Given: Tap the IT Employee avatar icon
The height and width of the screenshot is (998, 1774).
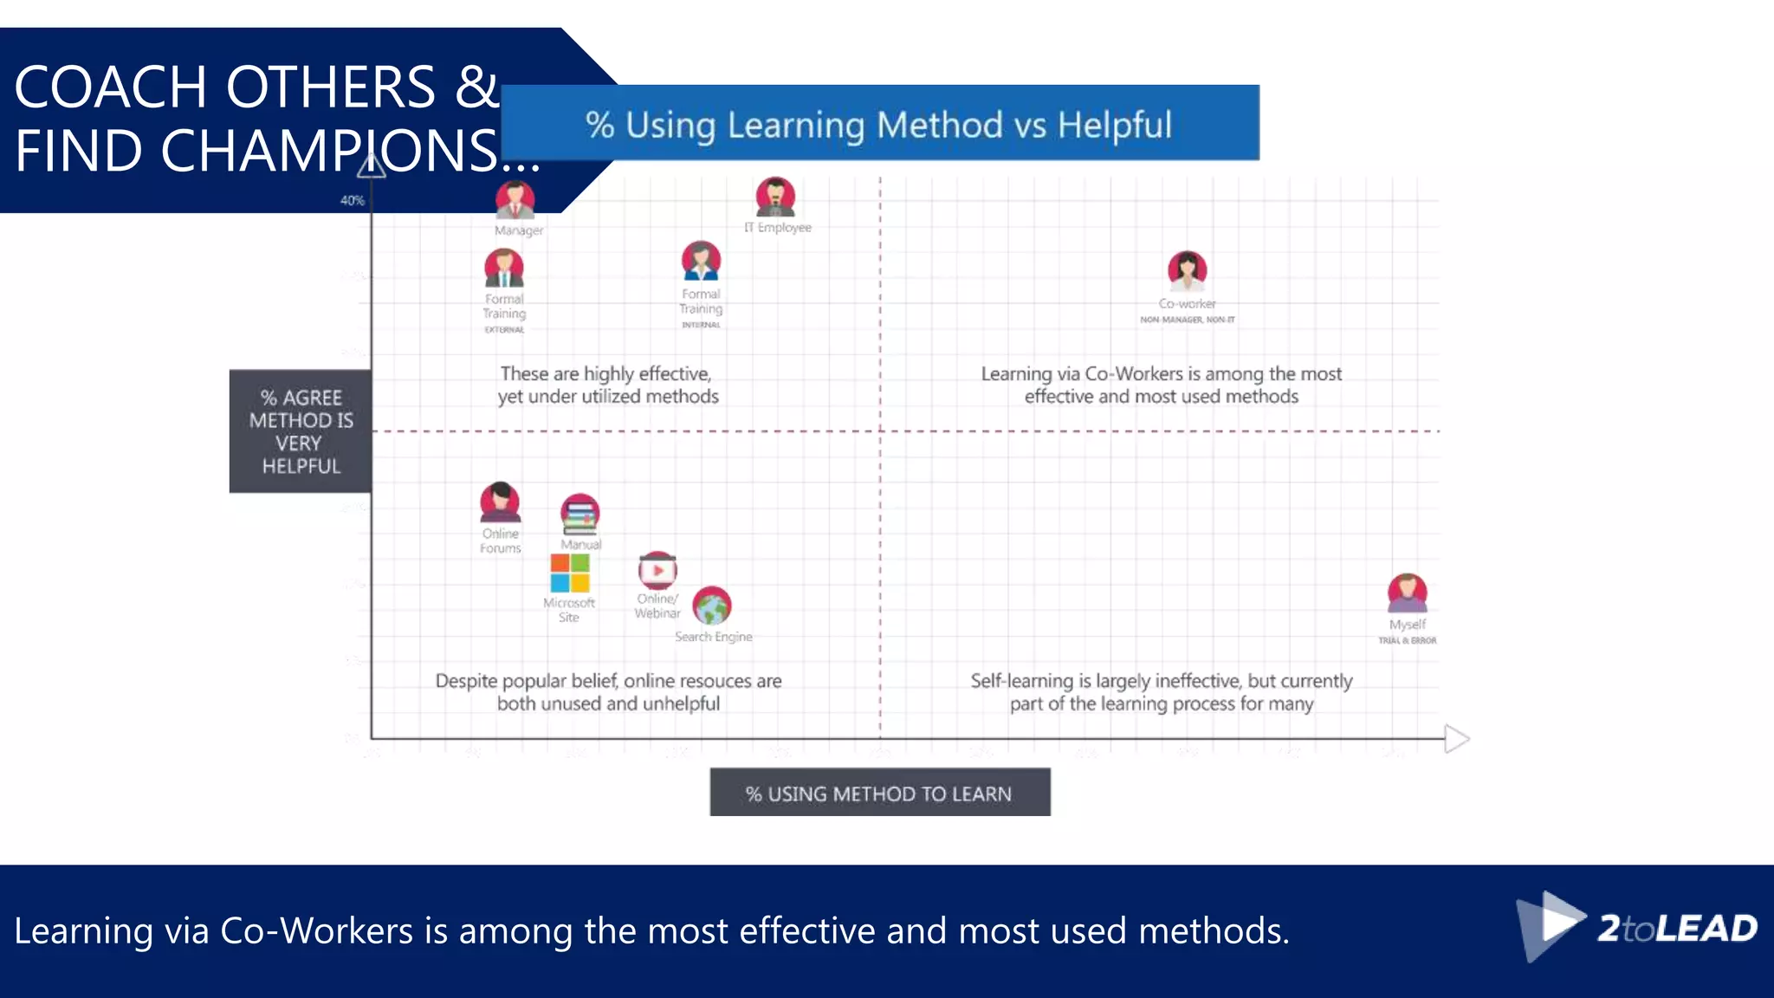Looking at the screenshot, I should [775, 198].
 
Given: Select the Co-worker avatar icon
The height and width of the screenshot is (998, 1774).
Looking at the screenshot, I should [1187, 271].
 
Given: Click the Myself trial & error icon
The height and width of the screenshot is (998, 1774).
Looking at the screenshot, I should [1407, 593].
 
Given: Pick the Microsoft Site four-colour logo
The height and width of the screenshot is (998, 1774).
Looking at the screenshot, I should [570, 573].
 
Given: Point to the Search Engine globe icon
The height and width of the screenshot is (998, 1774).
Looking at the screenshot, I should [712, 606].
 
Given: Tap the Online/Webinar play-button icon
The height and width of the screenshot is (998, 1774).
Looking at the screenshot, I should [657, 570].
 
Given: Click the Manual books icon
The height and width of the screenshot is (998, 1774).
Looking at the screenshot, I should [579, 514].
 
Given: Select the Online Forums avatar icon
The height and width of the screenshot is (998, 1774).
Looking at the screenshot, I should [501, 502].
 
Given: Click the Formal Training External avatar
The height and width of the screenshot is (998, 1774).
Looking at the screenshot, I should [504, 269].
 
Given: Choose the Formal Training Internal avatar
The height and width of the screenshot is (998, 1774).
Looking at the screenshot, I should [701, 261].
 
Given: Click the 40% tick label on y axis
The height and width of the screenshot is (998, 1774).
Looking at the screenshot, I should [352, 200].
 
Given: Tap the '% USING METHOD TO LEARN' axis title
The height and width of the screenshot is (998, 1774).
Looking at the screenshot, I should [879, 794].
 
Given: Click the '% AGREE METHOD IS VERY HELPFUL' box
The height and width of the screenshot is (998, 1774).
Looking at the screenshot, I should [301, 431].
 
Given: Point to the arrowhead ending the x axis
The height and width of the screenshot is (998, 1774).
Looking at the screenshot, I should [1457, 739].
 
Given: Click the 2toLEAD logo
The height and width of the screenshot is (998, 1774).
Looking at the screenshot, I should [1636, 928].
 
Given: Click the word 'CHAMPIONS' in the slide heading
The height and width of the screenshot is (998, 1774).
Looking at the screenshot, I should [329, 152].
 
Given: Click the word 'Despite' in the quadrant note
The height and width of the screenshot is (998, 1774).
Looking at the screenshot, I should [466, 681].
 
